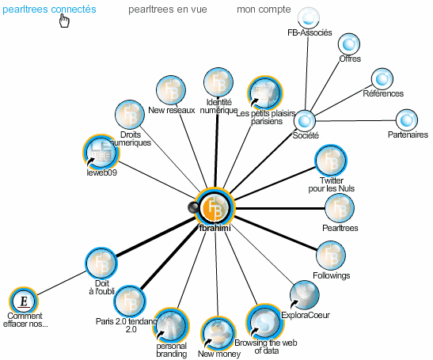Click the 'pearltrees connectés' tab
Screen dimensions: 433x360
49,9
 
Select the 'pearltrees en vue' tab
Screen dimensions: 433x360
168,9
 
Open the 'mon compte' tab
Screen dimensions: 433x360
264,9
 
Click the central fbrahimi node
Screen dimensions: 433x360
215,208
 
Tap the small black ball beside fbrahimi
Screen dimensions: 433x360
192,207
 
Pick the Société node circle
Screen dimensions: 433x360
304,120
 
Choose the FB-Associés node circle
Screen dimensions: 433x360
309,17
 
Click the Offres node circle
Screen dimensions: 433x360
349,44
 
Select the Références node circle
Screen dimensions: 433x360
382,79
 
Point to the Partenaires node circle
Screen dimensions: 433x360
407,120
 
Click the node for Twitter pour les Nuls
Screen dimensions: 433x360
331,161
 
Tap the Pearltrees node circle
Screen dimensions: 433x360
340,208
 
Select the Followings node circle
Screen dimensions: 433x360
331,256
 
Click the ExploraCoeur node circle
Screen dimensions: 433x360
304,295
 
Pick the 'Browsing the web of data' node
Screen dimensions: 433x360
264,323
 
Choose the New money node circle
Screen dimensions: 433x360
218,334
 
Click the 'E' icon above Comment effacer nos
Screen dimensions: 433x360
24,301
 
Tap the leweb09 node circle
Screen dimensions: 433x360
101,153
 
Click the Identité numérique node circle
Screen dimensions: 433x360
218,82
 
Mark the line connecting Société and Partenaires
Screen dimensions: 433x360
355,120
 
